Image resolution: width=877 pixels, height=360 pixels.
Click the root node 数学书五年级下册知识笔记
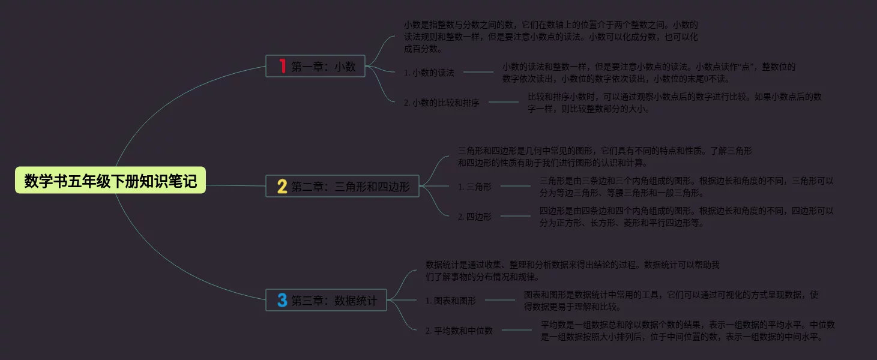pyautogui.click(x=110, y=181)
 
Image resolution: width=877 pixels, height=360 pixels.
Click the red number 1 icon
pyautogui.click(x=282, y=66)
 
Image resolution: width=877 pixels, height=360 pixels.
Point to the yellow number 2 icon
pyautogui.click(x=282, y=187)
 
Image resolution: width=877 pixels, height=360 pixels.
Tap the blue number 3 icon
pyautogui.click(x=282, y=300)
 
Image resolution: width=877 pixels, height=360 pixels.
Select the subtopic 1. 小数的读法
pyautogui.click(x=429, y=73)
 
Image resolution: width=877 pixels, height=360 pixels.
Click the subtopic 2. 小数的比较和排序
pyautogui.click(x=442, y=103)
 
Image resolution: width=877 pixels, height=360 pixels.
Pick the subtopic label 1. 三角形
pyautogui.click(x=475, y=187)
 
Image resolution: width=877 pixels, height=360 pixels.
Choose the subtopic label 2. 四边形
pyautogui.click(x=475, y=217)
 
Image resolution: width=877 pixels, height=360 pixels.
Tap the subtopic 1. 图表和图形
pyautogui.click(x=451, y=301)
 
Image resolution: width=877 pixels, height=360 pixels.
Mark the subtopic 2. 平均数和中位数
pyautogui.click(x=459, y=331)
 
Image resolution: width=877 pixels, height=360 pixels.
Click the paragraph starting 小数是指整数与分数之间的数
pyautogui.click(x=551, y=37)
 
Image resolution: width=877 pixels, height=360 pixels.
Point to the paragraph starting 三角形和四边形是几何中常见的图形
pyautogui.click(x=604, y=157)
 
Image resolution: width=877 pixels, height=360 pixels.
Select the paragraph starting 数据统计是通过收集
pyautogui.click(x=572, y=271)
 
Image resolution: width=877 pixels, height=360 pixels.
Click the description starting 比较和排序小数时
pyautogui.click(x=674, y=103)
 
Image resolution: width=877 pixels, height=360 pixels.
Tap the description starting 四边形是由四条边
pyautogui.click(x=686, y=217)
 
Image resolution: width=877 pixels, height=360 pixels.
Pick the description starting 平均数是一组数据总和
pyautogui.click(x=688, y=331)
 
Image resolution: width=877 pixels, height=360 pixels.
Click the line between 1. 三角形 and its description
pyautogui.click(x=516, y=186)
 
